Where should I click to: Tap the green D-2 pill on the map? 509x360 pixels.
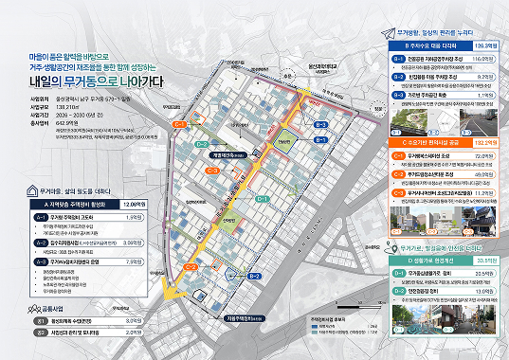coord(202,144)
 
